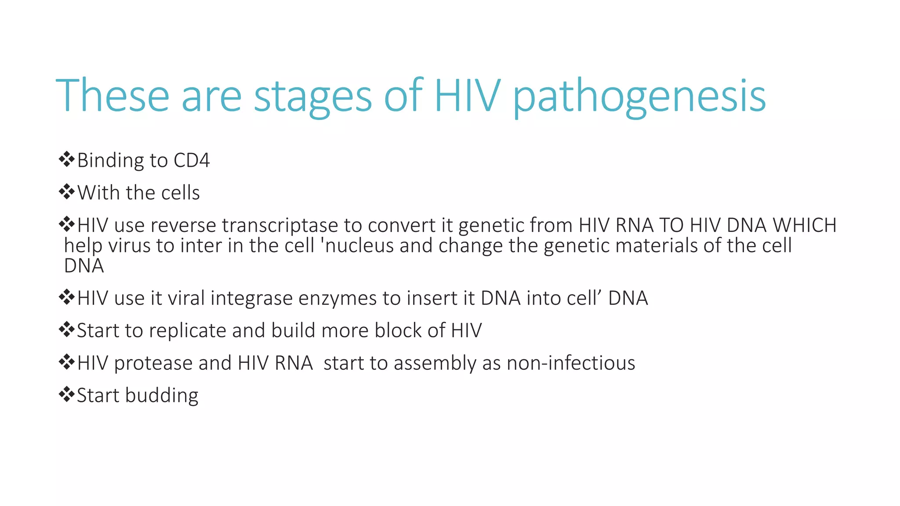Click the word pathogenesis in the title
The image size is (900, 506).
click(639, 97)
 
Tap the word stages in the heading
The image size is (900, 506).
click(313, 97)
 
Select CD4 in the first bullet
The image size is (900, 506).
click(192, 160)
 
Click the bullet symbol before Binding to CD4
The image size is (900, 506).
click(66, 159)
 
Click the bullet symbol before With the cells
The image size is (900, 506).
click(66, 192)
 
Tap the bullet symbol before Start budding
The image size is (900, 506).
click(66, 394)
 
